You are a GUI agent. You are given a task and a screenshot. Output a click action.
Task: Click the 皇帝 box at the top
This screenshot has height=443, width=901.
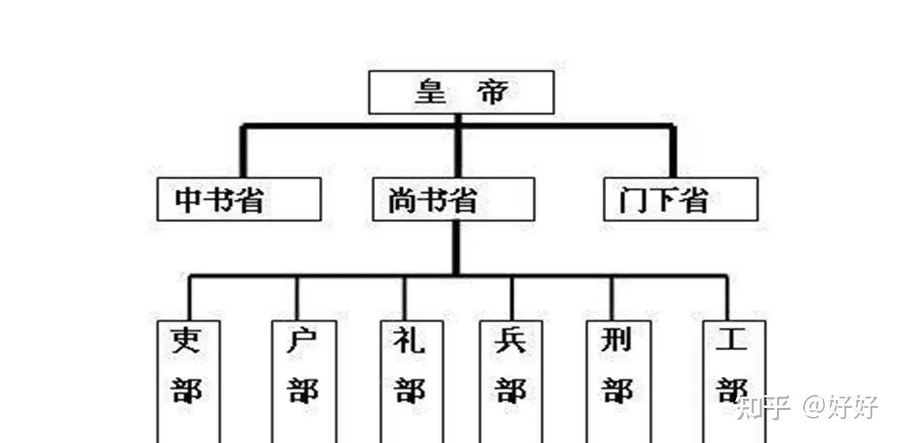pos(461,92)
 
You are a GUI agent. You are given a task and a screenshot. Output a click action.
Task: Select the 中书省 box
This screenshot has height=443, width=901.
pos(239,199)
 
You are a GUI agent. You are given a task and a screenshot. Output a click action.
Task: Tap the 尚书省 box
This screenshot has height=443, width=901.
pos(453,199)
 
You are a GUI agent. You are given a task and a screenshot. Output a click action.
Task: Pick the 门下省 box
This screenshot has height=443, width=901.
pos(681,199)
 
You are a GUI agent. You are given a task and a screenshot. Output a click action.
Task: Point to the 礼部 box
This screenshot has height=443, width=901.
pos(411,380)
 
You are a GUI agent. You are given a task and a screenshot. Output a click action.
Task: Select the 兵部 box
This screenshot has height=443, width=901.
pos(511,380)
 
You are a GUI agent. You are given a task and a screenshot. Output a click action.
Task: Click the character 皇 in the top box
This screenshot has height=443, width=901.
pos(429,92)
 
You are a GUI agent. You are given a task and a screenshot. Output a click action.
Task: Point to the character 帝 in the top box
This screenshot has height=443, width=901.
pos(491,92)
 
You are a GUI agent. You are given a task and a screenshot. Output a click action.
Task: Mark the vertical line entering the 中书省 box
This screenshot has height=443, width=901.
pos(244,152)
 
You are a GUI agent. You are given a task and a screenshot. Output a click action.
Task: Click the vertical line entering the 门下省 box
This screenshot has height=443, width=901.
pos(672,152)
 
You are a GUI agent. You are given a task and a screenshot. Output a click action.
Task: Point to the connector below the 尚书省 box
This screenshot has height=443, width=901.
pos(456,247)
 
